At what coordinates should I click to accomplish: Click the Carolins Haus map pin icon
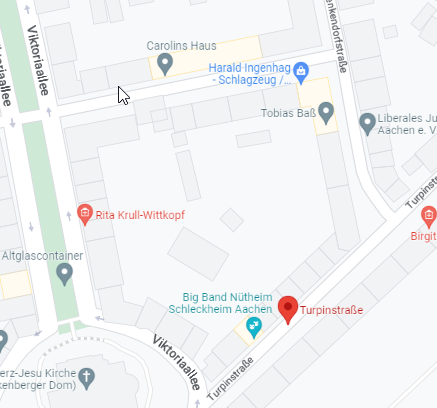coord(166,64)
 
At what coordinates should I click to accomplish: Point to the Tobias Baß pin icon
coord(325,110)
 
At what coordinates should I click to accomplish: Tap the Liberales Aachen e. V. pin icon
coord(367,122)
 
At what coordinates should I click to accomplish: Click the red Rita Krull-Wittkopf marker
coord(85,214)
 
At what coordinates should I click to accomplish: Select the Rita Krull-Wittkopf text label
coord(140,215)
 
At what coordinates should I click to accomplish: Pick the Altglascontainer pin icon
coord(65,272)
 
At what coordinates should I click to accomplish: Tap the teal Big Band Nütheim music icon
coord(253,327)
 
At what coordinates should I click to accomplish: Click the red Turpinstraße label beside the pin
coord(332,312)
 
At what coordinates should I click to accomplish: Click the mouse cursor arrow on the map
coord(123,95)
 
